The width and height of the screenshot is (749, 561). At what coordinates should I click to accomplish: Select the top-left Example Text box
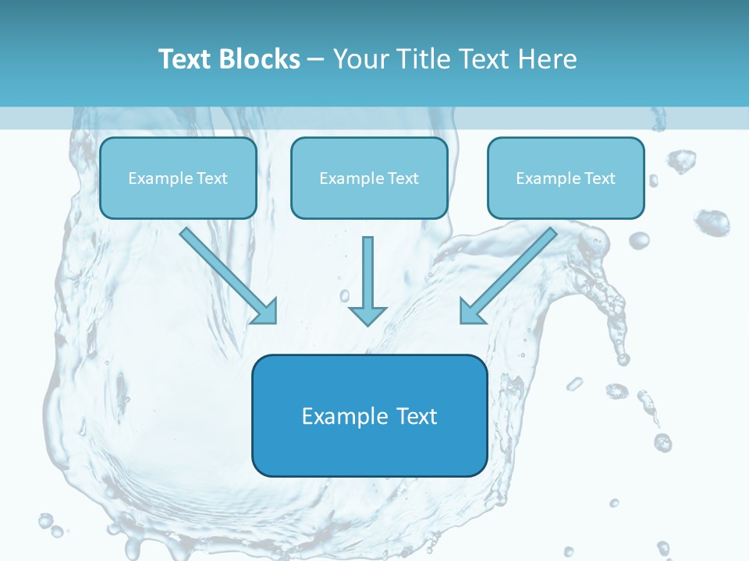click(x=178, y=178)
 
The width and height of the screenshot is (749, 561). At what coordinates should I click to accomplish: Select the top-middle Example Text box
click(x=369, y=178)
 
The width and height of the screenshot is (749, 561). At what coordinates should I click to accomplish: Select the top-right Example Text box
click(x=566, y=178)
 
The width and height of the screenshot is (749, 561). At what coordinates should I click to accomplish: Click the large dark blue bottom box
click(x=369, y=415)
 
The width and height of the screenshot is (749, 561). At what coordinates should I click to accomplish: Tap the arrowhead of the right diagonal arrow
click(x=470, y=312)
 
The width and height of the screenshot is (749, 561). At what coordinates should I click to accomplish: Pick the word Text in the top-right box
click(x=599, y=178)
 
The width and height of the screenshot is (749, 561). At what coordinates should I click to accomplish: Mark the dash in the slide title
click(x=316, y=60)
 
